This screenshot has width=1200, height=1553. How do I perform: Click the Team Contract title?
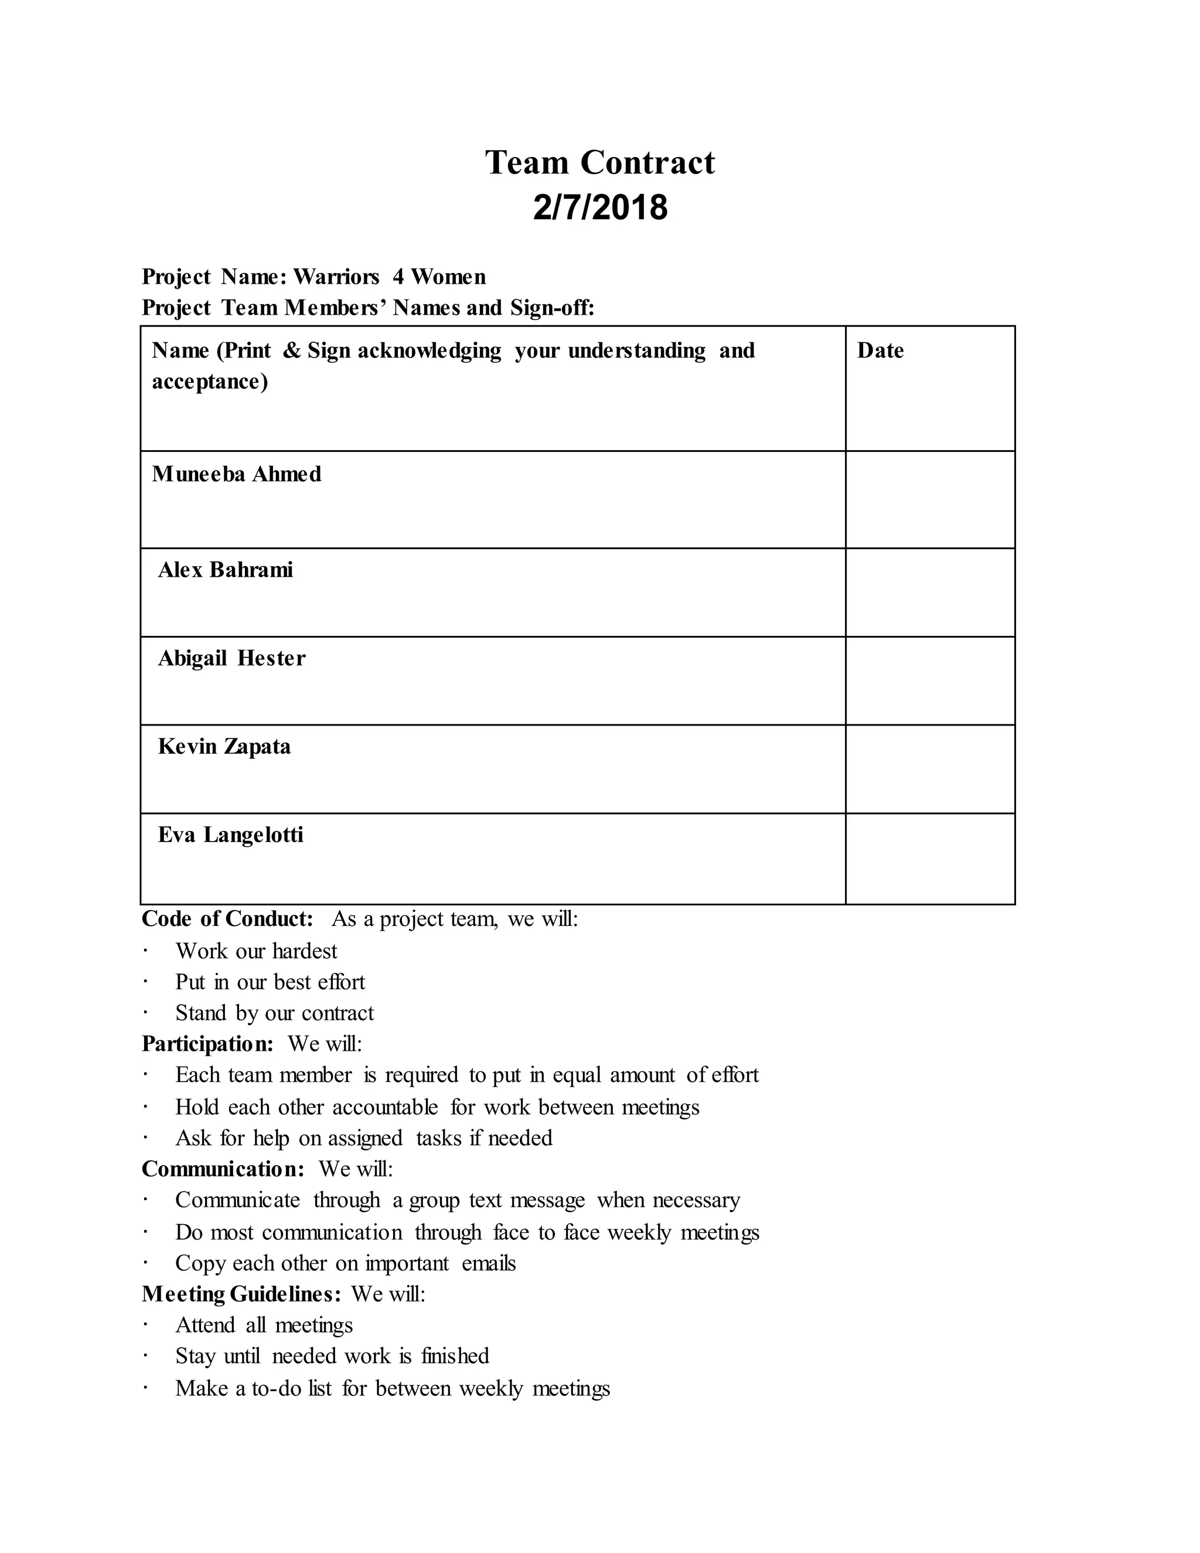(x=600, y=163)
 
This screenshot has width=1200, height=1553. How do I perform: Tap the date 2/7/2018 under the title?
(x=600, y=207)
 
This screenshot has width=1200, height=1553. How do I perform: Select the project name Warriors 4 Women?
(x=390, y=277)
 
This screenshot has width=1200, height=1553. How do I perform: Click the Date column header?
(x=880, y=350)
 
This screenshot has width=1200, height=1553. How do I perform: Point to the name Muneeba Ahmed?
(x=236, y=474)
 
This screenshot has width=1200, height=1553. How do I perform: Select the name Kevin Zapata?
(x=224, y=747)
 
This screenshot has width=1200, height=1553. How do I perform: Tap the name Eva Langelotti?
(x=230, y=835)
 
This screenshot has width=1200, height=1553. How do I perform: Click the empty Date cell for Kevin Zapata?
(x=930, y=769)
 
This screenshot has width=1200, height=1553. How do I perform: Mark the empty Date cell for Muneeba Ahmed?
(x=930, y=499)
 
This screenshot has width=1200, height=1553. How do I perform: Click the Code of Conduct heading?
(x=227, y=919)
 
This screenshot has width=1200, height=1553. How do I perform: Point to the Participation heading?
(x=207, y=1044)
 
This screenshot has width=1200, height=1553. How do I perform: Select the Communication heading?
(x=223, y=1169)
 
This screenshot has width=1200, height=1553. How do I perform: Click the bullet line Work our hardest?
(x=256, y=951)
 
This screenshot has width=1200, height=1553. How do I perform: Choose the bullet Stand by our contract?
(x=274, y=1013)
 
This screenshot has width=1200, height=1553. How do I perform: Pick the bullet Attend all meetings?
(x=264, y=1326)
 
